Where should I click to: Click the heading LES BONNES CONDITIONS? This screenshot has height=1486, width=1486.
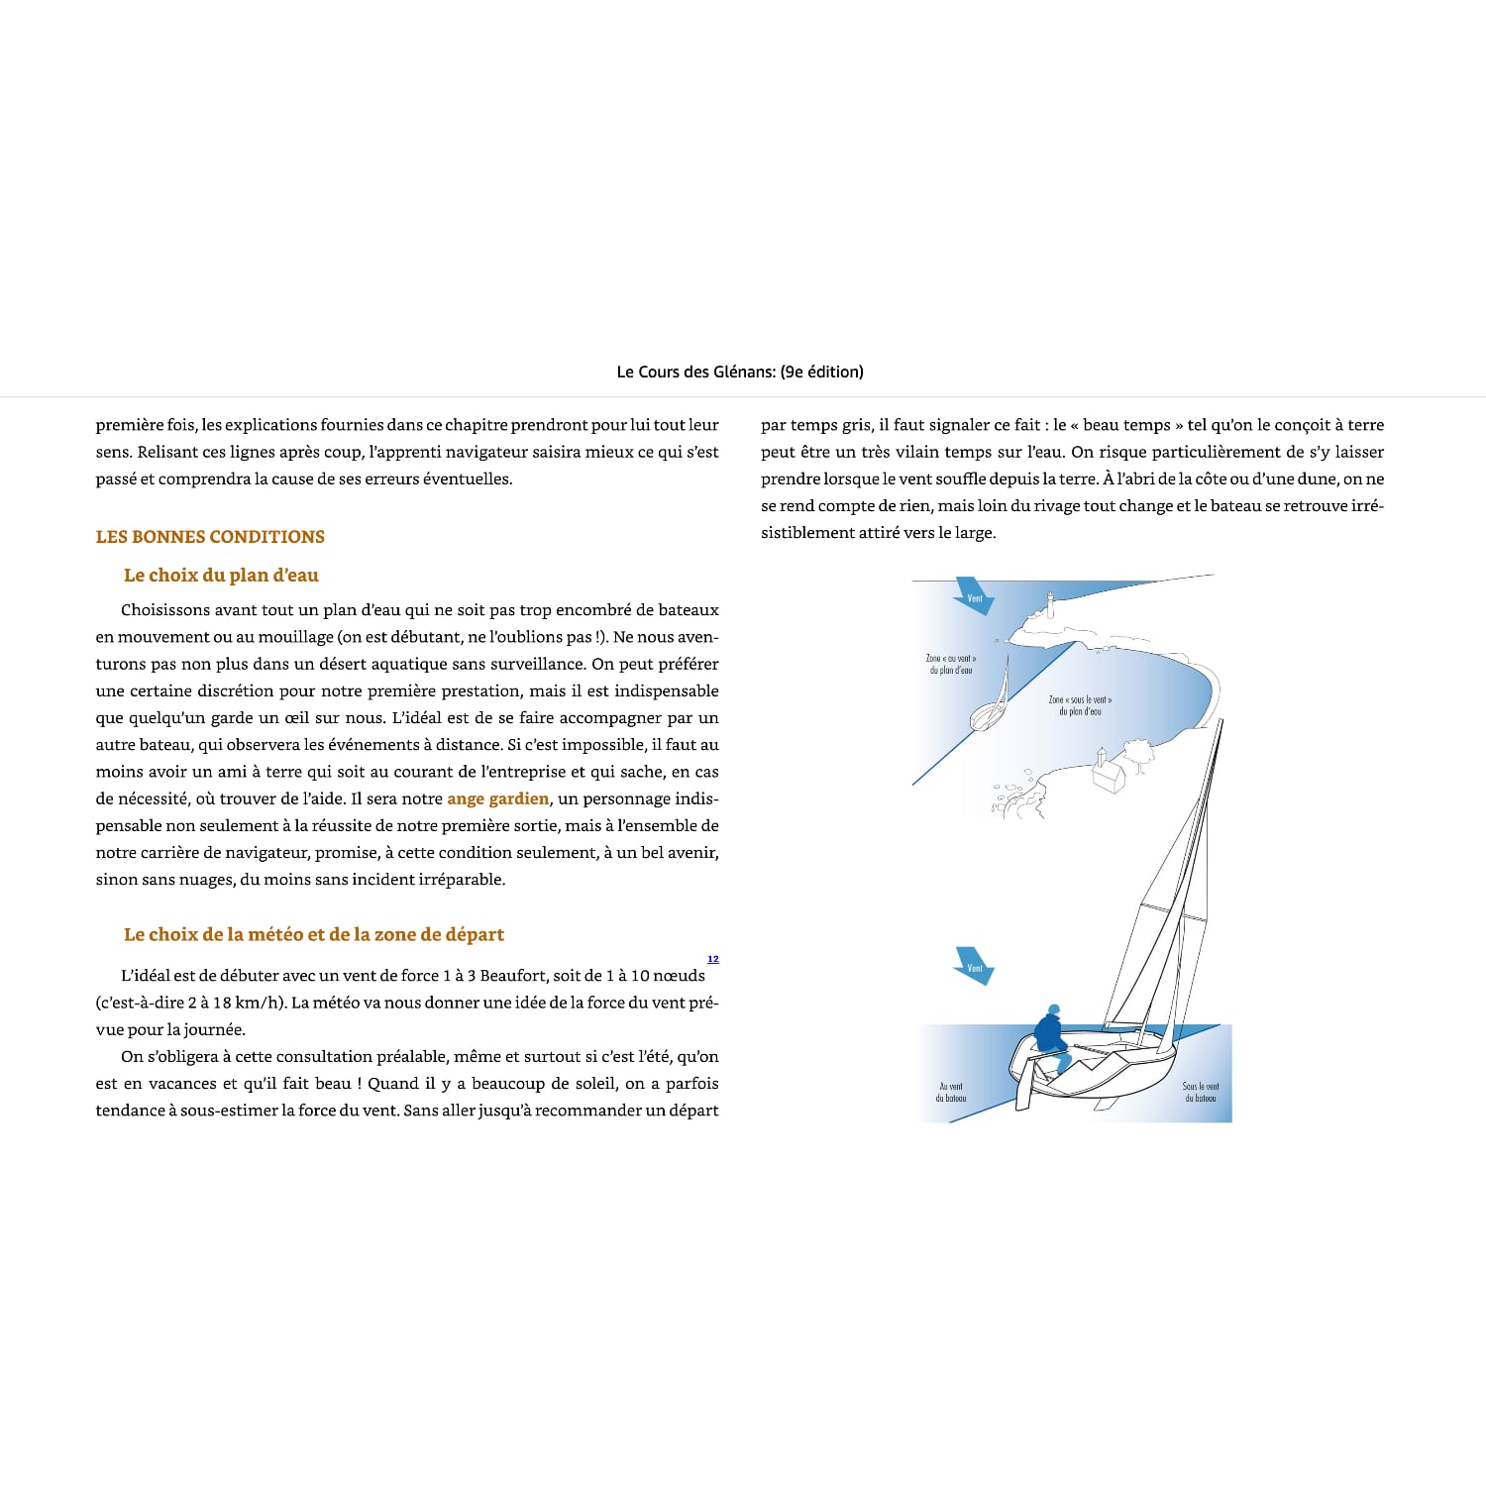pos(210,537)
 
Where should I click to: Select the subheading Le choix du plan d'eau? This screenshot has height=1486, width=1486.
pos(221,576)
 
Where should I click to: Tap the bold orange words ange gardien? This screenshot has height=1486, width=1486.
pos(497,798)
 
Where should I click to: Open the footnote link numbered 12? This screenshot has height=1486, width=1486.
pos(713,959)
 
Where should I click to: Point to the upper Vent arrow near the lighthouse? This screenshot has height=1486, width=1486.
pos(974,596)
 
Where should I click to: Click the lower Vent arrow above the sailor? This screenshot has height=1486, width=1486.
pos(974,966)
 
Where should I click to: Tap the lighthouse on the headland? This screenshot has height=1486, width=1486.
pos(1050,603)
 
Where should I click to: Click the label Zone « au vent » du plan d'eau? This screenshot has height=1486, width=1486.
pos(951,664)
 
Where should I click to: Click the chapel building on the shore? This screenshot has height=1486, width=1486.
pos(1108,773)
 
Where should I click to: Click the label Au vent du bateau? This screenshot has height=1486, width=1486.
pos(950,1092)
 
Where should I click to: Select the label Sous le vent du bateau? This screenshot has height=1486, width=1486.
pos(1201,1092)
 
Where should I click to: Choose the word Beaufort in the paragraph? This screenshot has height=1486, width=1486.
pos(515,976)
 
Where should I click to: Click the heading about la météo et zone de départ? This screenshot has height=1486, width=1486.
pos(314,935)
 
